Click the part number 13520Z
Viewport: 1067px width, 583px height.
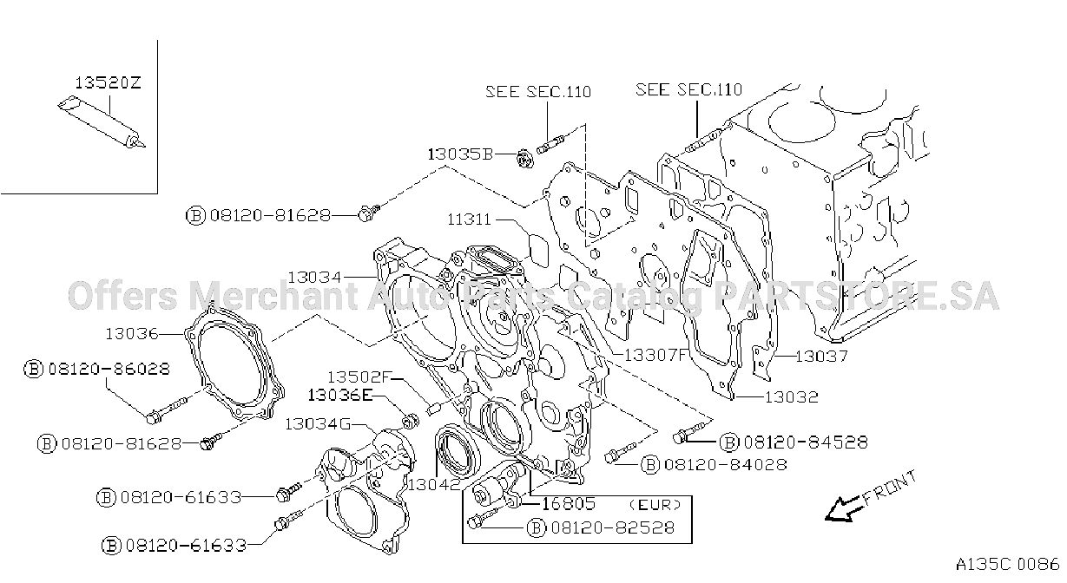tap(109, 82)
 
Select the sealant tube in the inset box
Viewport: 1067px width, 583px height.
tap(102, 123)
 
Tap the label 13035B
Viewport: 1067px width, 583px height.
tap(460, 154)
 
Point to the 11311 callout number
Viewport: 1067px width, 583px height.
tap(469, 219)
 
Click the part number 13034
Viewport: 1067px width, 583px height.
tap(315, 277)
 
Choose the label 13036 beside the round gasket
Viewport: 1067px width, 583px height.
tap(132, 334)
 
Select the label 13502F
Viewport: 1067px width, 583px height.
tap(359, 377)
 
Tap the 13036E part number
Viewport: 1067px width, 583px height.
tap(340, 395)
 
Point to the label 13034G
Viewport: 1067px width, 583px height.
tap(318, 423)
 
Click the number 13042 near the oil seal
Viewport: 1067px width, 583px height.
tap(434, 484)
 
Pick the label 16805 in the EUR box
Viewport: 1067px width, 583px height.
tap(569, 503)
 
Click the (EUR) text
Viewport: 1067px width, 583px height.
tap(655, 504)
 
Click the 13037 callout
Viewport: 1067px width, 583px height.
tap(821, 356)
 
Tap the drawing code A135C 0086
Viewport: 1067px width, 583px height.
tap(1007, 564)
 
